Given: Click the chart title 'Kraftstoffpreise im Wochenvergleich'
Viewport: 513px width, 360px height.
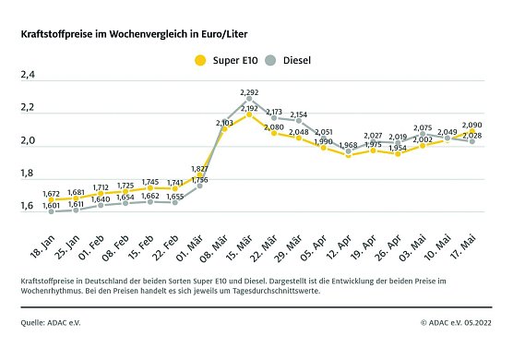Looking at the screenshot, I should click(x=138, y=33).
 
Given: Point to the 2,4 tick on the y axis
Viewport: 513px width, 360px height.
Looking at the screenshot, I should click(x=28, y=77).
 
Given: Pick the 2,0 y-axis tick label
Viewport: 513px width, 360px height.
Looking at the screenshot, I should click(x=28, y=142).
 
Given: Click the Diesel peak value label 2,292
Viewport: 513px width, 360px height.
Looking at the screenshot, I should click(x=250, y=93).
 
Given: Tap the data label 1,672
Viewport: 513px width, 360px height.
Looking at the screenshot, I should click(x=53, y=193).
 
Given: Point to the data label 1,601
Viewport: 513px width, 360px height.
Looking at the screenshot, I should click(x=53, y=205).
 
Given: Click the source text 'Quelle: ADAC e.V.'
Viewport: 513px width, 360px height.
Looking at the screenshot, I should click(x=52, y=322).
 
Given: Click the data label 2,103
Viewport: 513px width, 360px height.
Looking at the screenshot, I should click(x=225, y=122).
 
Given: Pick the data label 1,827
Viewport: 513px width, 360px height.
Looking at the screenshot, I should click(x=200, y=169).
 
